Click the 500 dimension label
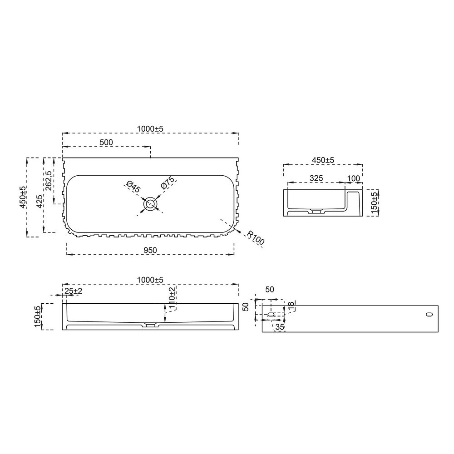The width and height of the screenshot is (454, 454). click(x=106, y=143)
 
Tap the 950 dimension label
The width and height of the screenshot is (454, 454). click(x=150, y=250)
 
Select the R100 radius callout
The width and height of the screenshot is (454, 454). click(x=256, y=238)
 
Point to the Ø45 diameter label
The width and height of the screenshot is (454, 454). click(x=133, y=187)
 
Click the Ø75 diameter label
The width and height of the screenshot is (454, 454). click(x=168, y=183)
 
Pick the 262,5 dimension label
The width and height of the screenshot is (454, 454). click(x=49, y=181)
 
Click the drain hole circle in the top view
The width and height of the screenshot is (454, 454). click(x=150, y=204)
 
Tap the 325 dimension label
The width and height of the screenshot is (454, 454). click(x=316, y=178)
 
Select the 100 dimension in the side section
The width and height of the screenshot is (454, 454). click(x=353, y=178)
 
